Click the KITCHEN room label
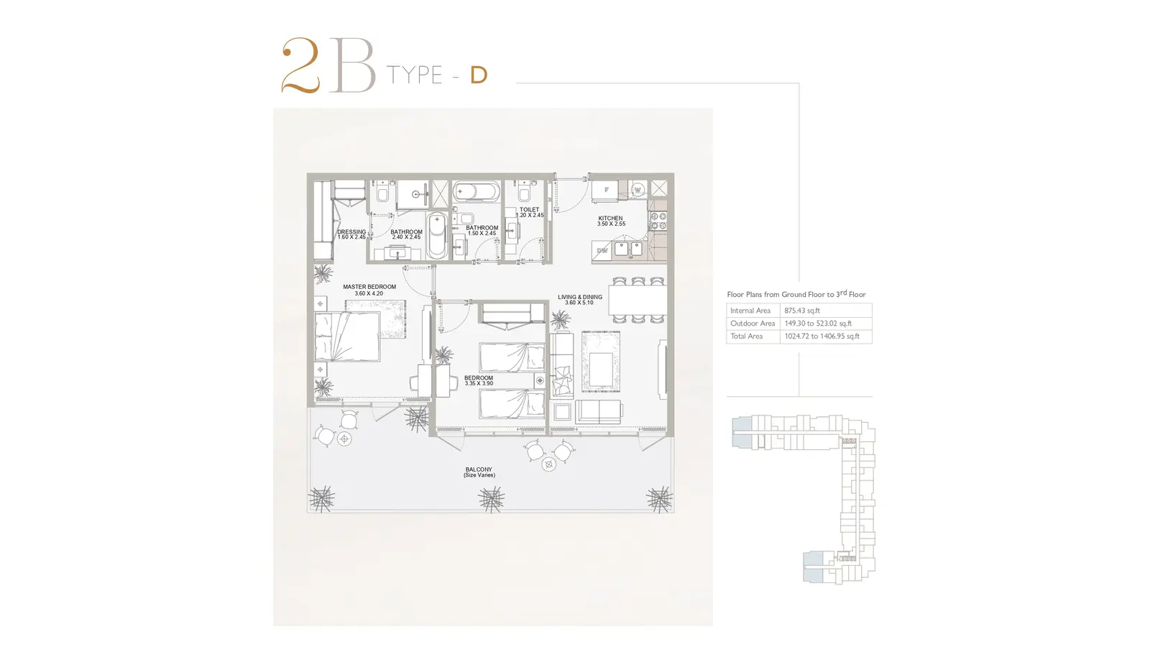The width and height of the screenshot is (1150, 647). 610,219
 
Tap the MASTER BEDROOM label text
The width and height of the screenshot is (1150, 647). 369,287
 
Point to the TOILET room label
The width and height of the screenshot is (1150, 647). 529,209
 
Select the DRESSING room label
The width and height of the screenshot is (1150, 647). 351,231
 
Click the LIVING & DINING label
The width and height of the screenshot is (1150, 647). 580,297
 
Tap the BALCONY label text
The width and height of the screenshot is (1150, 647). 479,469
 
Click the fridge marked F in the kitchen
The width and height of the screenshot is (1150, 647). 605,191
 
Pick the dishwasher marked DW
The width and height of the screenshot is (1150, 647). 602,251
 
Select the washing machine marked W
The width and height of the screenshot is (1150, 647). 638,190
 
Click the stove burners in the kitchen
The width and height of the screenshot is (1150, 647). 658,221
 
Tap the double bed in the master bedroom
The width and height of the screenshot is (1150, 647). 348,336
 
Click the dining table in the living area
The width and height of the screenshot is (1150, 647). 638,300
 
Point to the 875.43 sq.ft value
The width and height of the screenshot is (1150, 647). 802,311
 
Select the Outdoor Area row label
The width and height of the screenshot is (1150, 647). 753,323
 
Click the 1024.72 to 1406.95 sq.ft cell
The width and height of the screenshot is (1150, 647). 822,336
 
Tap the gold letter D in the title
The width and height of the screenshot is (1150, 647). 479,75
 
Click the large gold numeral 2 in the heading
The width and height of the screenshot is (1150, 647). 301,65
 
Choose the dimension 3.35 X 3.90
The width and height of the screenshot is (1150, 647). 479,384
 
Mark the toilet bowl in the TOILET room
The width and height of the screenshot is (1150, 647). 524,193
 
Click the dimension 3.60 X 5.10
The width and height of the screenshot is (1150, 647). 579,303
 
